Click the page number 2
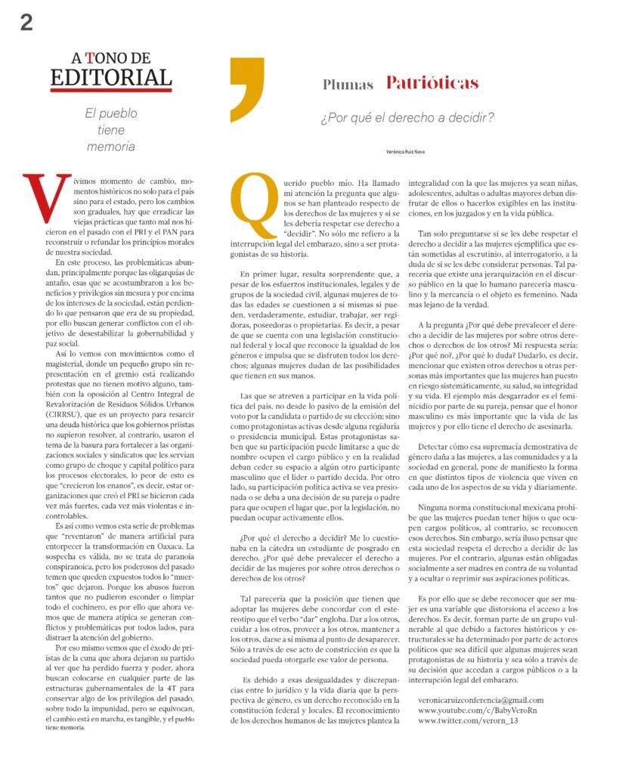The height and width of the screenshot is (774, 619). pyautogui.click(x=26, y=23)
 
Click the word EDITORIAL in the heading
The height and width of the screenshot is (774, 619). pyautogui.click(x=111, y=76)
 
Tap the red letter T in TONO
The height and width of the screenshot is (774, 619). pyautogui.click(x=90, y=57)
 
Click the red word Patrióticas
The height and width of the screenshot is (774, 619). pyautogui.click(x=432, y=82)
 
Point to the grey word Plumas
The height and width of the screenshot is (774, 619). pyautogui.click(x=348, y=84)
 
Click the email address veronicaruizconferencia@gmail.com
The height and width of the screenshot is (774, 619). pyautogui.click(x=481, y=700)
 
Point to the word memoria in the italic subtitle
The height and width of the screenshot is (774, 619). pyautogui.click(x=111, y=147)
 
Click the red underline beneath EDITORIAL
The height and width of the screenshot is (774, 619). pyautogui.click(x=111, y=91)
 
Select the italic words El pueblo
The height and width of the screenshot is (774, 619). pyautogui.click(x=111, y=113)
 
